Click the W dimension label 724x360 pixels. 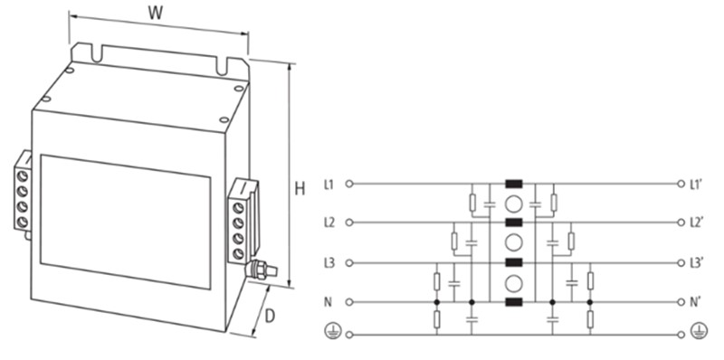[156, 13]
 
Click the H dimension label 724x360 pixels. [300, 189]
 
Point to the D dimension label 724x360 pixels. [270, 317]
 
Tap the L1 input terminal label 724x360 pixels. [329, 185]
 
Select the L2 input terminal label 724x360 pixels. [329, 223]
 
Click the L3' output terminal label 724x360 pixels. [696, 263]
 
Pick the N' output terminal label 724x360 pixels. [695, 302]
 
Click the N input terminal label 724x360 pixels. [328, 302]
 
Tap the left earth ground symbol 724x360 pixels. [331, 332]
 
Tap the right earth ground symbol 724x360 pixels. [699, 332]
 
